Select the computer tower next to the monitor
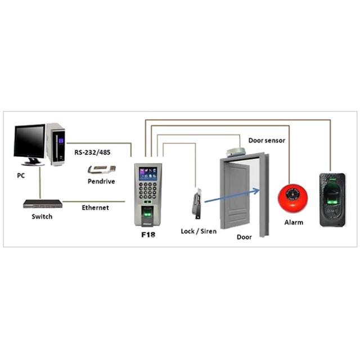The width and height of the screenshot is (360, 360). (x=56, y=145)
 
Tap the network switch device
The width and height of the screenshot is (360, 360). (x=43, y=204)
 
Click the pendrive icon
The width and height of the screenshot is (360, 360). (x=102, y=169)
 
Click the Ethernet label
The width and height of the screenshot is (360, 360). (x=95, y=208)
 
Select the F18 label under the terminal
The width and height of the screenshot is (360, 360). (x=148, y=234)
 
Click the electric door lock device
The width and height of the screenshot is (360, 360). (x=197, y=204)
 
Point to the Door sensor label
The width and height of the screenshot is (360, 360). (x=267, y=140)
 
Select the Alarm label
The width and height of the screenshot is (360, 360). (x=294, y=222)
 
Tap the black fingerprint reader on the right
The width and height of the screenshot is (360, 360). (x=332, y=199)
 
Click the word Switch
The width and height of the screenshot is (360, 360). (x=42, y=217)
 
